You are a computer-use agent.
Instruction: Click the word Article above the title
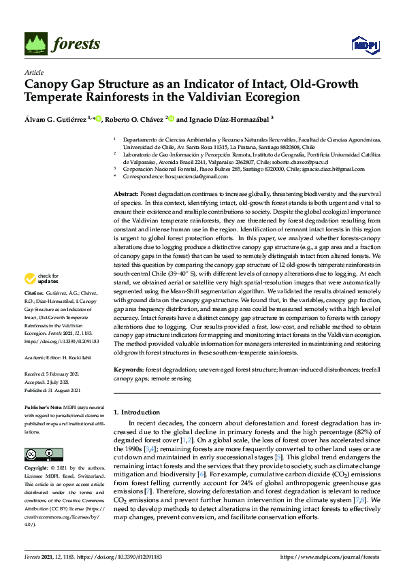[x=33, y=73]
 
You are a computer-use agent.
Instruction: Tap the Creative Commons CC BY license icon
[x=39, y=454]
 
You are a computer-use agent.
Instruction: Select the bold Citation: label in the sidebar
[x=37, y=293]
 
